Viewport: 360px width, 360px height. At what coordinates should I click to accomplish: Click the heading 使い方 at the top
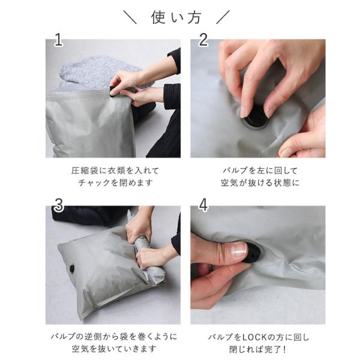click(176, 17)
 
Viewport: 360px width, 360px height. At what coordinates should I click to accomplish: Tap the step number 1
click(58, 40)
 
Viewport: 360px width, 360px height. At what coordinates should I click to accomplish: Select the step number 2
click(203, 40)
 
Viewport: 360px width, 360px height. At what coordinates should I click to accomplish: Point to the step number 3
click(59, 205)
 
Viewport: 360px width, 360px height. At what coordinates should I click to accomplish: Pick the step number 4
click(203, 205)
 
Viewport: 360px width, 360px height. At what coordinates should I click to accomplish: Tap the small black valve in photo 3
click(73, 269)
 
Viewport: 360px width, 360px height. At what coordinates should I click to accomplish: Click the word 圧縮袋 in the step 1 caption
click(85, 170)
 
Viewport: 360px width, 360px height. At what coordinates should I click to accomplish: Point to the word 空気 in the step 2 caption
click(229, 183)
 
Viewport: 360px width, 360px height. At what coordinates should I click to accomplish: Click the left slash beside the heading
click(130, 17)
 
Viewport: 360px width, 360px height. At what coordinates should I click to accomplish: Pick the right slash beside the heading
click(223, 17)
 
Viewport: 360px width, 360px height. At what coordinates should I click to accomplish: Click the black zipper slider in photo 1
click(113, 91)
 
